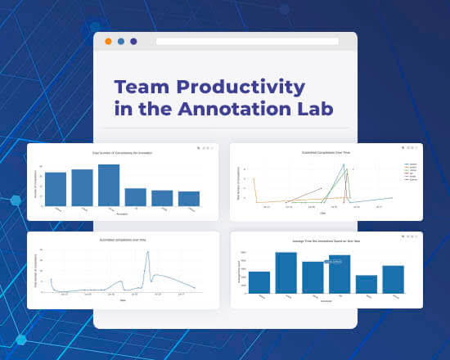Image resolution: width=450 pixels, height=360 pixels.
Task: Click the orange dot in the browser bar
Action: [x=108, y=41]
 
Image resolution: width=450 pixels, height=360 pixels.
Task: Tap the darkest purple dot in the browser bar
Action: [x=133, y=41]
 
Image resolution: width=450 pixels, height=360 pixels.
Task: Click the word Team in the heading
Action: [x=141, y=87]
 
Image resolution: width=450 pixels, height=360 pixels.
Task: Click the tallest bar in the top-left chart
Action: [x=109, y=185]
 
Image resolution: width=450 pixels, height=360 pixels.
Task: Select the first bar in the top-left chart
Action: [x=56, y=189]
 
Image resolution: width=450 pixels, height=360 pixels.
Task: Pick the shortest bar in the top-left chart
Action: [x=189, y=199]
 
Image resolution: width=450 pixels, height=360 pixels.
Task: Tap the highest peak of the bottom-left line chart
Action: [x=148, y=252]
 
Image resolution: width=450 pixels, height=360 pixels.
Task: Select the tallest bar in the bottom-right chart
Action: [x=286, y=272]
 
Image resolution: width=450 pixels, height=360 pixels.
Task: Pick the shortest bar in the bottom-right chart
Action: [x=366, y=284]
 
